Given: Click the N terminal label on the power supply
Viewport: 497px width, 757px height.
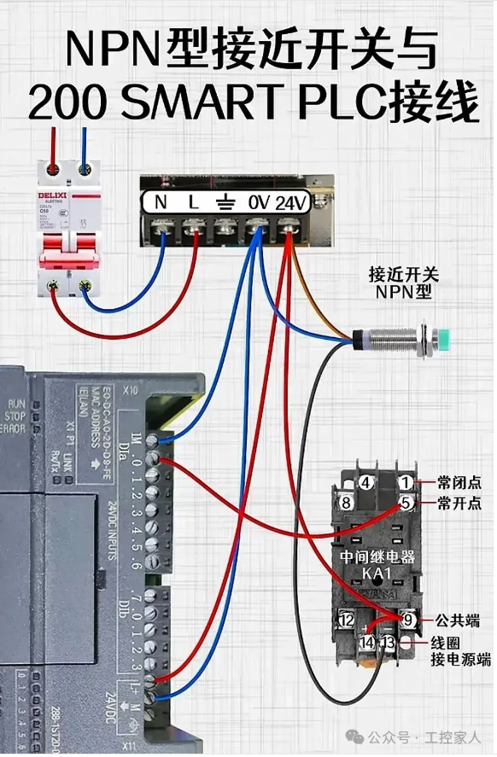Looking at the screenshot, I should pos(161,202).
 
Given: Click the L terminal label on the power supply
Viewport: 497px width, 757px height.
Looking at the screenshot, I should pos(193,202).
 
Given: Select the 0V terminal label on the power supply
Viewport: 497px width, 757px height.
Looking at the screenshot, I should pos(258,202).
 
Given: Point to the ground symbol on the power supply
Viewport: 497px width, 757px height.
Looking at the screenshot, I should pos(225,202).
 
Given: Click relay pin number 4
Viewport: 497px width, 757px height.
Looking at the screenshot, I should pos(365,483).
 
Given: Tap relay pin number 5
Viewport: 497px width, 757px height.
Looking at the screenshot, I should pos(406,504).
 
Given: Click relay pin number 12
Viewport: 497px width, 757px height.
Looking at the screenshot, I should pos(346,620).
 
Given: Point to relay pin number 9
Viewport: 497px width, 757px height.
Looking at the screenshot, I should pos(407,620).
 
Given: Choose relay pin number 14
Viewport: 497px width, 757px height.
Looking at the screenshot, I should pos(366,642).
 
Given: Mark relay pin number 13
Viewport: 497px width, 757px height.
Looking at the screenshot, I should pos(389,642).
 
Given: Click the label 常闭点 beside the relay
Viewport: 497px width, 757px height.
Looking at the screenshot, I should pos(459,482).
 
